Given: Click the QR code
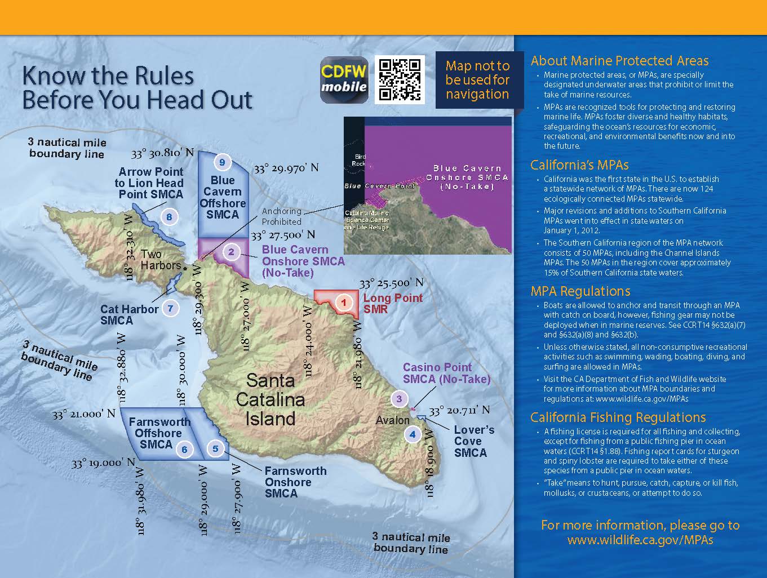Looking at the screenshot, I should (x=400, y=79).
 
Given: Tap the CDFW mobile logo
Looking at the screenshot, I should (x=344, y=80).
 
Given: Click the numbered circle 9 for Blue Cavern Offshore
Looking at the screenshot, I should (x=222, y=162).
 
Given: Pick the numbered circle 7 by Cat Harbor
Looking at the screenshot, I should (x=170, y=308).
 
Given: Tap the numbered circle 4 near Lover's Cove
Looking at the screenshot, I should (x=413, y=434).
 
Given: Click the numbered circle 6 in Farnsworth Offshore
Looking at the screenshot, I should (x=184, y=449).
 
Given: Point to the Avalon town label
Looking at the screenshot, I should (x=393, y=420).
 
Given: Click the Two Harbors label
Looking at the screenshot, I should (x=161, y=260).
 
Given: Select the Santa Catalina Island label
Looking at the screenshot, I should (x=270, y=399).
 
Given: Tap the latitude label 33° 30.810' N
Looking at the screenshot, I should (x=162, y=153).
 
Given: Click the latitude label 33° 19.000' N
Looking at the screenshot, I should (x=103, y=463).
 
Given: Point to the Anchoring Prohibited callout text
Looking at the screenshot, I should (x=281, y=216).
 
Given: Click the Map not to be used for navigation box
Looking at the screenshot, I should (x=477, y=80).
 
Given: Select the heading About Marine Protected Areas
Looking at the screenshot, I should (x=619, y=61).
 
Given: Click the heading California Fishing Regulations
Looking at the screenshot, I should (x=618, y=417).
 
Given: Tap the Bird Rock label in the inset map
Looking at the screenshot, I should (x=360, y=160).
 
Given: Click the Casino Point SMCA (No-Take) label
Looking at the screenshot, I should (x=446, y=373).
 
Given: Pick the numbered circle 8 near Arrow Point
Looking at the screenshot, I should (x=169, y=216).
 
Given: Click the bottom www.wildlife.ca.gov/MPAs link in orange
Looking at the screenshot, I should (x=640, y=540).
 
